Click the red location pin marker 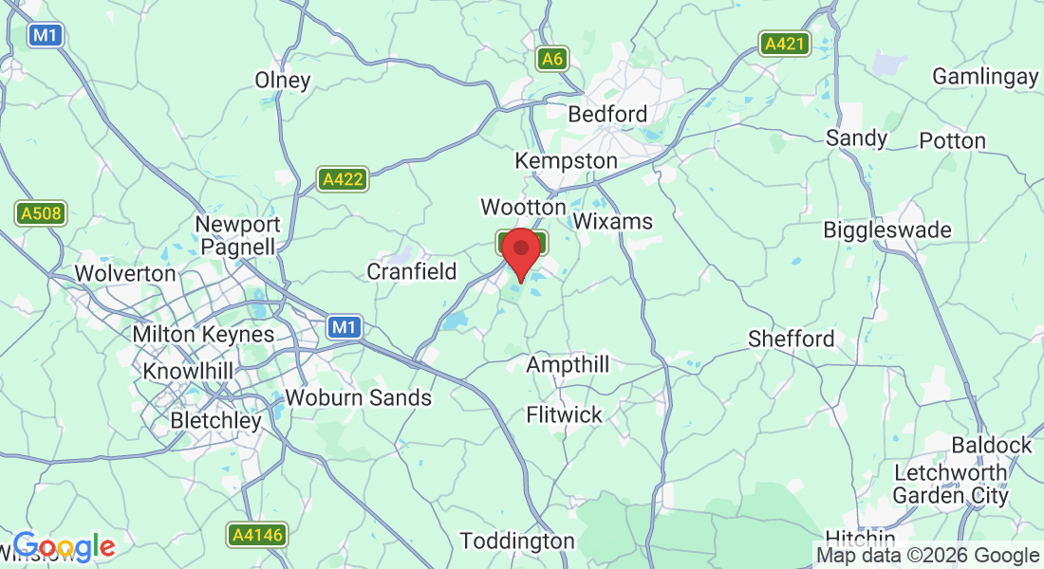click(x=521, y=252)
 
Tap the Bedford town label click(x=607, y=115)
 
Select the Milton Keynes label click(x=203, y=335)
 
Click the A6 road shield click(x=552, y=60)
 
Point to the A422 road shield click(x=343, y=179)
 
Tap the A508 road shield click(x=42, y=213)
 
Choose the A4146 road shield click(x=257, y=535)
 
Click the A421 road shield click(x=784, y=43)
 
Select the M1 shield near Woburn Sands click(x=345, y=327)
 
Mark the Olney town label click(x=283, y=81)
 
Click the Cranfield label click(x=412, y=272)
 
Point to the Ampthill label click(x=568, y=365)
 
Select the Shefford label click(x=792, y=339)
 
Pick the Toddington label click(x=517, y=541)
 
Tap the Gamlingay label click(x=985, y=77)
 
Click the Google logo click(x=64, y=546)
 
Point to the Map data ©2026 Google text click(x=928, y=556)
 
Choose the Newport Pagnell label click(x=237, y=236)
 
